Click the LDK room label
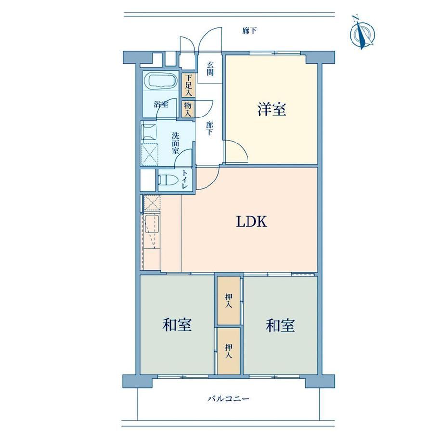coord(251,221)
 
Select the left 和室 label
coord(177,325)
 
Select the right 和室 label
coord(280,325)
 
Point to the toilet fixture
coord(168,180)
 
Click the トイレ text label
coord(185,180)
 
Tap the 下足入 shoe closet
coord(188,85)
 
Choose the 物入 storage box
coord(188,109)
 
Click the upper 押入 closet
coord(229,300)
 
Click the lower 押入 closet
coord(229,351)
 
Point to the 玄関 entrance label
coord(209,69)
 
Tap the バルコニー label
coord(229,399)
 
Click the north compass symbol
coord(362,33)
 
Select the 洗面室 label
coord(175,143)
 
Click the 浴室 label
coord(161,104)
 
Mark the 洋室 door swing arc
coord(242,148)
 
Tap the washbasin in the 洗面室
coord(149,132)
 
